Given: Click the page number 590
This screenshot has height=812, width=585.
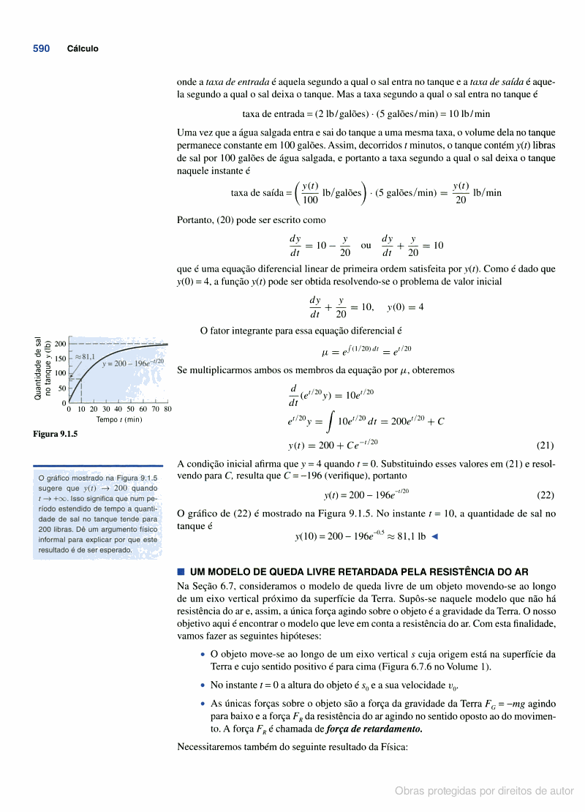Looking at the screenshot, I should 41,48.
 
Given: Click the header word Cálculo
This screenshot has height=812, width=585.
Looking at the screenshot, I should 83,49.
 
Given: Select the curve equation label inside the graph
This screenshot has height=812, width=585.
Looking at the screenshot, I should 132,363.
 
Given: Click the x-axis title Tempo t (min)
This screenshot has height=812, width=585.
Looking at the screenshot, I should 118,419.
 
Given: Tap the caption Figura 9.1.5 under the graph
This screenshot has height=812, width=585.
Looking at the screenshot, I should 55,434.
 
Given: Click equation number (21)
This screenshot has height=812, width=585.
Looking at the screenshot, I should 545,445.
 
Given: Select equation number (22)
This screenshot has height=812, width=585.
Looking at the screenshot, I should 545,495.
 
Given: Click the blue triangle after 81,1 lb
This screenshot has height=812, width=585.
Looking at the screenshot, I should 435,536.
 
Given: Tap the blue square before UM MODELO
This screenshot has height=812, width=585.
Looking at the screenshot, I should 181,571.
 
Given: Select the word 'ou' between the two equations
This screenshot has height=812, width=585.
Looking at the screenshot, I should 366,245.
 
